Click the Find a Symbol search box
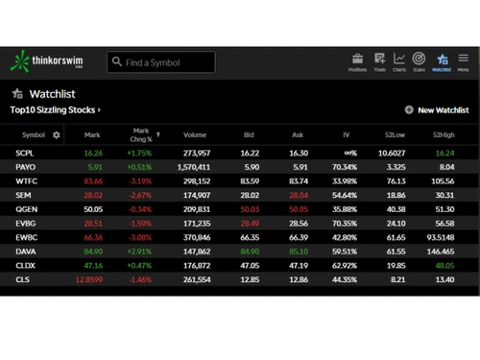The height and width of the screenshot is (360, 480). click(160, 62)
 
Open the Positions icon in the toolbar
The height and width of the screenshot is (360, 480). click(357, 61)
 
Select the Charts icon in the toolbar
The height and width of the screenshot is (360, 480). click(399, 61)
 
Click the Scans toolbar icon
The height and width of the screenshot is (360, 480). click(420, 61)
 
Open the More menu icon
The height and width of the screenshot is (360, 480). click(463, 61)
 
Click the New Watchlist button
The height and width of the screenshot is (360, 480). click(437, 110)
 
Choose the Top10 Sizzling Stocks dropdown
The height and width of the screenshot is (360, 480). click(56, 110)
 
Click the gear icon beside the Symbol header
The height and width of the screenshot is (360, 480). click(56, 135)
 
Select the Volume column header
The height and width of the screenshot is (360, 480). click(195, 135)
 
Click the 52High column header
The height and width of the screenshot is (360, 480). click(444, 135)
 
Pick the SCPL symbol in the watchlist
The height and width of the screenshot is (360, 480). click(26, 153)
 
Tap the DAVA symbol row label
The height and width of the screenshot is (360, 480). click(26, 251)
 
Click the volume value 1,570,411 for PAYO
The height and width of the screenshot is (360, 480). click(194, 167)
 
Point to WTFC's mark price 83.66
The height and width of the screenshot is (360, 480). click(93, 180)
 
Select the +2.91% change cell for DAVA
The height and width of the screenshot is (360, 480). click(139, 251)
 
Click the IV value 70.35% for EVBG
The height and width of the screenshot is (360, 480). click(345, 223)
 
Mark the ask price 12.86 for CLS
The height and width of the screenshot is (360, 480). click(298, 279)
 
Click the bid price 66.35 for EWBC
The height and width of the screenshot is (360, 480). click(250, 237)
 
